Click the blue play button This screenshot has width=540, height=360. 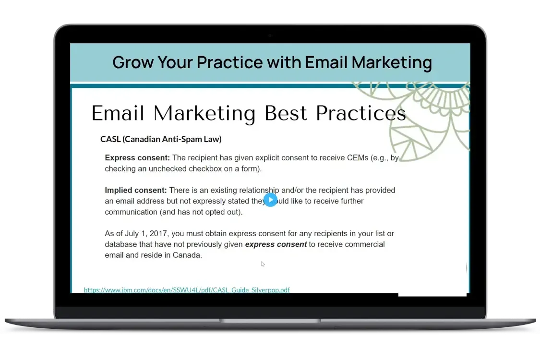click(x=270, y=200)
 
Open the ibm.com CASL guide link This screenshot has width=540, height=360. click(x=187, y=290)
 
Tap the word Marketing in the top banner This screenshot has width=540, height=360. click(x=392, y=63)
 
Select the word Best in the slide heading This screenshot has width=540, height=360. click(x=286, y=113)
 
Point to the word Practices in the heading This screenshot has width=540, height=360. click(x=361, y=113)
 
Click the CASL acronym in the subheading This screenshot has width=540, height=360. click(x=110, y=139)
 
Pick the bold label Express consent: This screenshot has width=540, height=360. click(x=137, y=158)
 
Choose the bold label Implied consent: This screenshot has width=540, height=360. click(x=136, y=190)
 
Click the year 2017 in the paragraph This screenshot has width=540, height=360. click(x=158, y=234)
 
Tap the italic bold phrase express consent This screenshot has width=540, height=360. click(x=276, y=245)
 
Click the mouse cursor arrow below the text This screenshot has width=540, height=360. click(x=263, y=264)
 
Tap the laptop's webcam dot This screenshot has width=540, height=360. click(x=270, y=35)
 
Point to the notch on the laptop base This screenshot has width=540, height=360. click(x=270, y=320)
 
